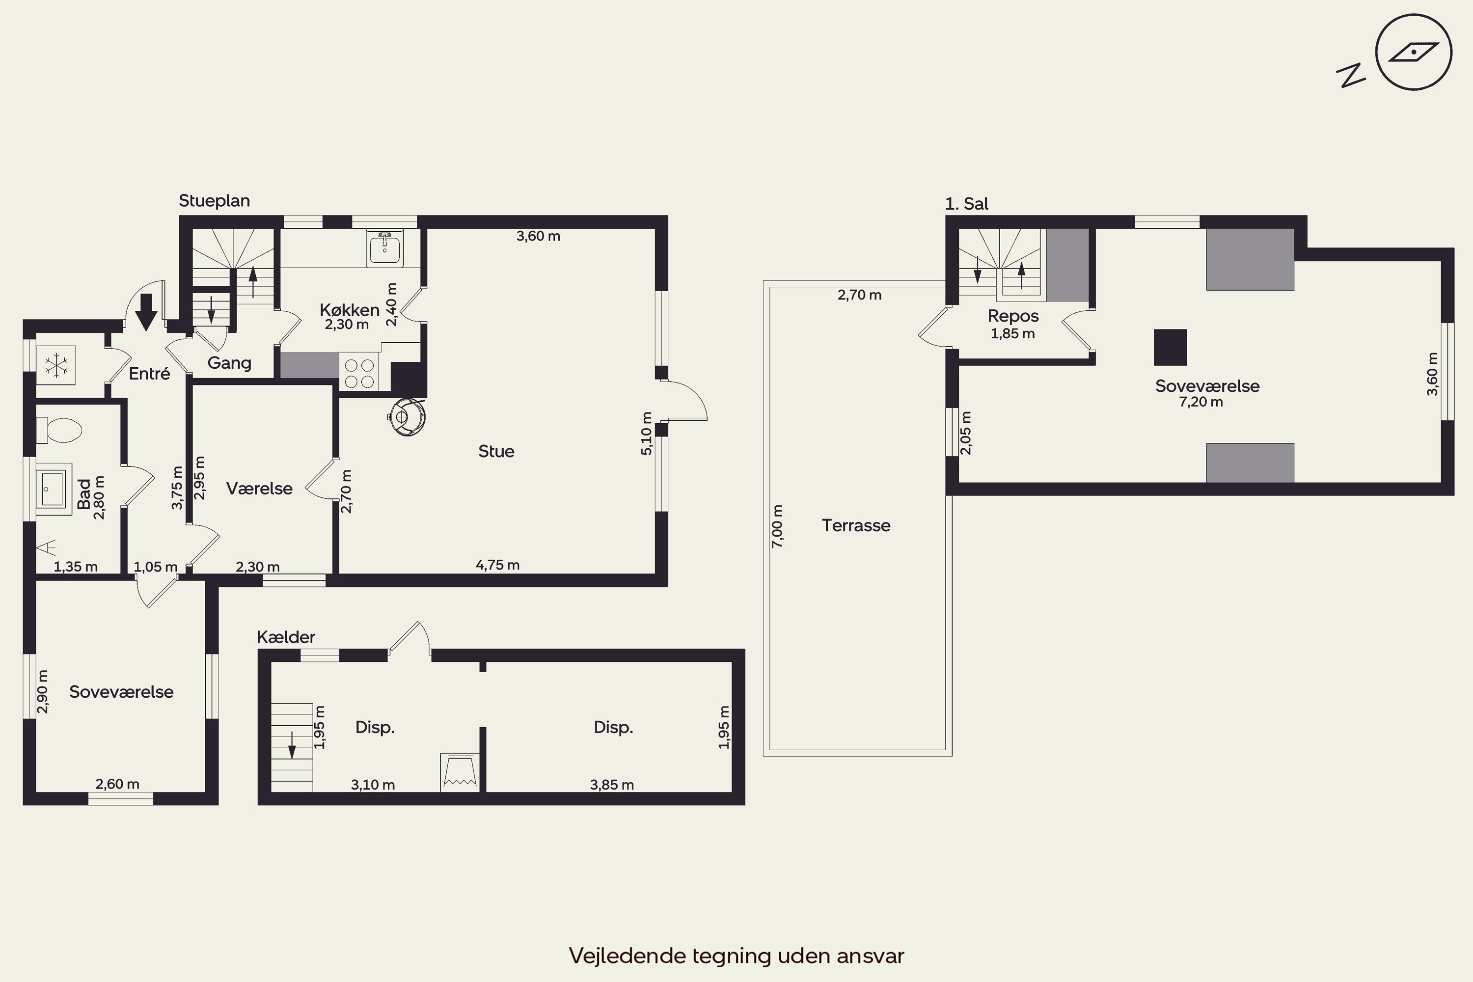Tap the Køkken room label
[350, 310]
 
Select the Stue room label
[496, 452]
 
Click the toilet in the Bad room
[59, 430]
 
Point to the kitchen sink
[384, 247]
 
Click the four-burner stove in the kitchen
[359, 373]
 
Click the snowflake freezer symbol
[56, 366]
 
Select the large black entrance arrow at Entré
[146, 312]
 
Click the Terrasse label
[855, 525]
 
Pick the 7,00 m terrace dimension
[777, 526]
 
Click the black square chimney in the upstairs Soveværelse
[1171, 347]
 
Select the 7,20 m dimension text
[1200, 402]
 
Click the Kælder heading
[286, 637]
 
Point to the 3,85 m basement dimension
[612, 785]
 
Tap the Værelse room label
[259, 489]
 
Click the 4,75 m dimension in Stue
[498, 565]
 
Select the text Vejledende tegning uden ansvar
[736, 955]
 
